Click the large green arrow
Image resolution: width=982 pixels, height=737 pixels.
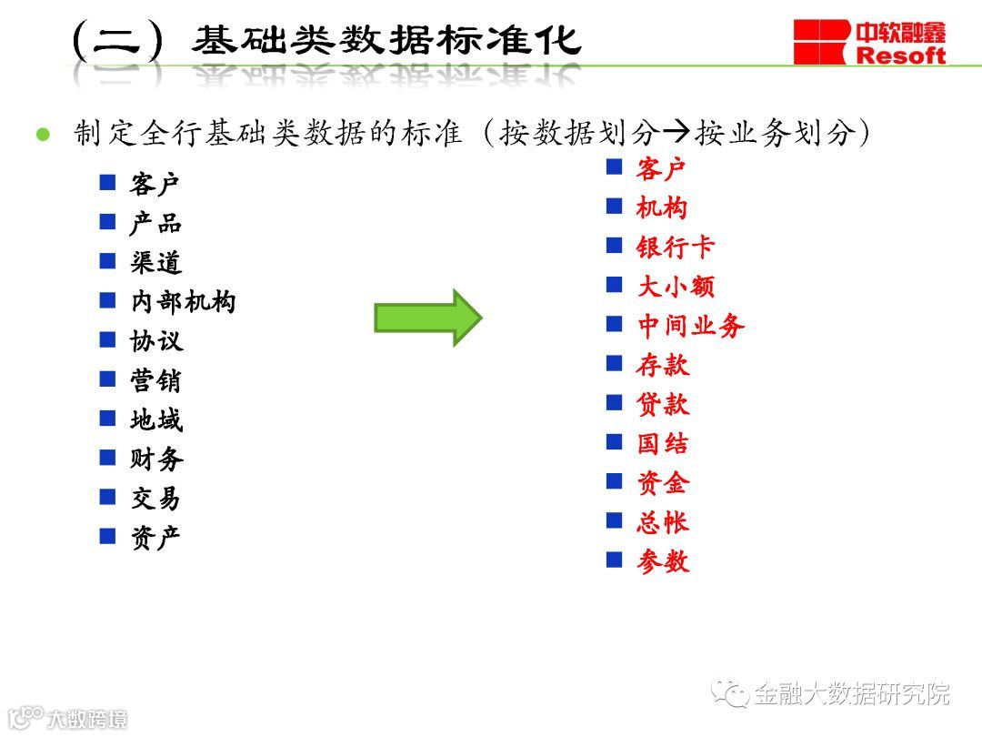coord(426,318)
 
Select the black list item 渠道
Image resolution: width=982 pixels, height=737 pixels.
coord(156,263)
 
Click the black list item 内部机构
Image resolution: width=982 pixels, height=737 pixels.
coord(183,302)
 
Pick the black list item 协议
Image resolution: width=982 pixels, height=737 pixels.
coord(156,341)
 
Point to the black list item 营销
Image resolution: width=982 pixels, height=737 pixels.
coord(156,380)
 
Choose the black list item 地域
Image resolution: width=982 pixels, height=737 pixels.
coord(156,419)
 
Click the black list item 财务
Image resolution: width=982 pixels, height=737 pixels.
coord(156,459)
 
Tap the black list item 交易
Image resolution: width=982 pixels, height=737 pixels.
coord(156,498)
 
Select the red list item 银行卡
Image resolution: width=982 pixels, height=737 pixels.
coord(676,247)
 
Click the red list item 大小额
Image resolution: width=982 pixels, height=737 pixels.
coord(676,287)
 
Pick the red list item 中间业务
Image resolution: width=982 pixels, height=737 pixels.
coord(690,326)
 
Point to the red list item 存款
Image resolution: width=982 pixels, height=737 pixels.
coord(663,365)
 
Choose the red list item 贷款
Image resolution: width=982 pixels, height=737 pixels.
coord(663,404)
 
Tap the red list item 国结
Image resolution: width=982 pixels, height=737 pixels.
coord(663,444)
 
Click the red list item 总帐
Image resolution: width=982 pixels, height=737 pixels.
coord(663,522)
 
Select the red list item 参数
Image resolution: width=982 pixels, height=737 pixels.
coord(663,561)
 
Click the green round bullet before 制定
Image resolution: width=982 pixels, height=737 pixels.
coord(41,135)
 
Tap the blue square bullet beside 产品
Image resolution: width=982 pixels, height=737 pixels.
coord(108,222)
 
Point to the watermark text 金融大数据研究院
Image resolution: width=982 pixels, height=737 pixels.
coord(851,694)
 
